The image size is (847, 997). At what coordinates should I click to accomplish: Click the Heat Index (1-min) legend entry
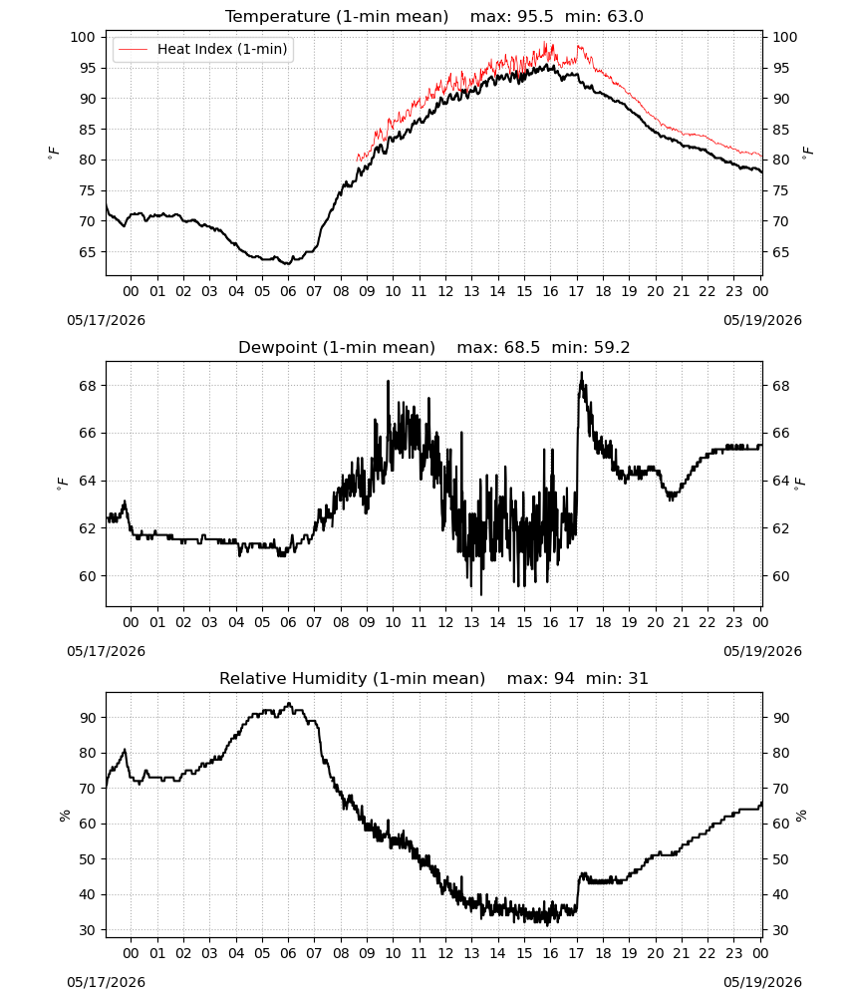click(203, 49)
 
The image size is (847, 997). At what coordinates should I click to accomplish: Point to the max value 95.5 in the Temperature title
click(536, 17)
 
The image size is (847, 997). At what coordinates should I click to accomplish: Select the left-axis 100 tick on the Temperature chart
click(83, 37)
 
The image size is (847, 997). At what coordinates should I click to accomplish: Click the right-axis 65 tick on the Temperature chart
click(780, 252)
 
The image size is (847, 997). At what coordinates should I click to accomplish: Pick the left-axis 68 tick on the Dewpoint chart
click(88, 386)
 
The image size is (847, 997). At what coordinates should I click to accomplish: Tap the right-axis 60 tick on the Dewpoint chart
click(780, 576)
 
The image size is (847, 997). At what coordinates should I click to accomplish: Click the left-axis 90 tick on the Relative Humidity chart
click(88, 718)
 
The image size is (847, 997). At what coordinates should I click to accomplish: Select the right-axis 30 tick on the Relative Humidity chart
click(780, 930)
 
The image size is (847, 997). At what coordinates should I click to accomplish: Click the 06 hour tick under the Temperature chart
click(288, 291)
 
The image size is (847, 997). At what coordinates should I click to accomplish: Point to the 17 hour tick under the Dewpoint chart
click(576, 622)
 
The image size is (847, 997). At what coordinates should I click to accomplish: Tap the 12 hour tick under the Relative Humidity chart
click(445, 953)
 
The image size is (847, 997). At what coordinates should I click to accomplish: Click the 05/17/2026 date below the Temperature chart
click(106, 320)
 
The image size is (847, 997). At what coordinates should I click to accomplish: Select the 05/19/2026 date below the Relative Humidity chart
click(762, 982)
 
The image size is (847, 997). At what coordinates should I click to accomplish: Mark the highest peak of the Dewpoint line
click(581, 373)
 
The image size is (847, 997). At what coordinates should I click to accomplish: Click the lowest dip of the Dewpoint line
click(481, 594)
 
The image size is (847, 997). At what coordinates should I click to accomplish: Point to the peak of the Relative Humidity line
click(289, 703)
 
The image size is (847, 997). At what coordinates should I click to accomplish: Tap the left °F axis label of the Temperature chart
click(54, 153)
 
